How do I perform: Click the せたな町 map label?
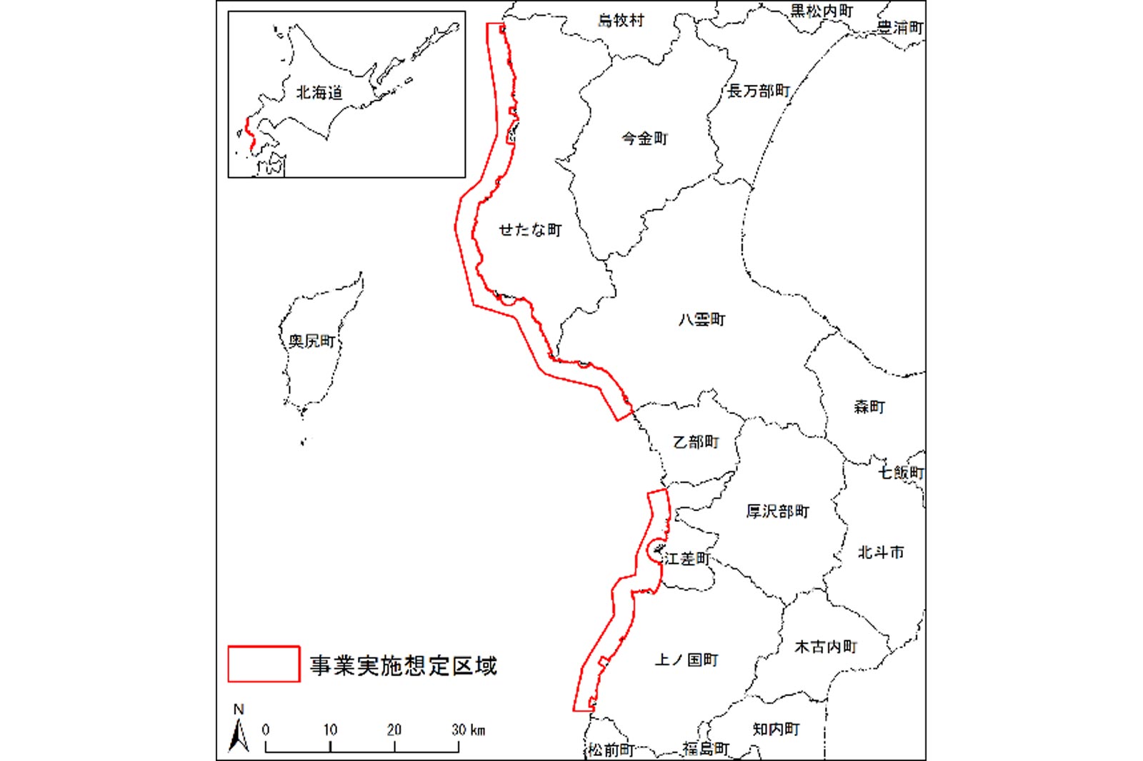click(x=530, y=230)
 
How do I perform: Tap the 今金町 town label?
click(x=644, y=138)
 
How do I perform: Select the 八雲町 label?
click(x=702, y=320)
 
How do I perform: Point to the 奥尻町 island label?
click(x=311, y=341)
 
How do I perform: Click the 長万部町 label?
click(x=759, y=91)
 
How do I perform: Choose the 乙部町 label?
click(x=696, y=443)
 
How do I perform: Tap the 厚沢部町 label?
click(x=778, y=512)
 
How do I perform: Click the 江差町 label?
click(x=687, y=559)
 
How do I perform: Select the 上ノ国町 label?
click(x=687, y=660)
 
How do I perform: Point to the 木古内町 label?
click(x=826, y=647)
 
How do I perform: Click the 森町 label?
click(x=869, y=407)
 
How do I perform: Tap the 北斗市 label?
click(x=881, y=553)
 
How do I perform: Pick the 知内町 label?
click(x=777, y=729)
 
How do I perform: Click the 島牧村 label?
click(x=621, y=21)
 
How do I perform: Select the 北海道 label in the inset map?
click(x=319, y=93)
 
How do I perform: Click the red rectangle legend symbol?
click(x=264, y=664)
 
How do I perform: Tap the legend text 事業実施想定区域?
click(x=404, y=666)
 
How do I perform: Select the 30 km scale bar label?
click(x=468, y=730)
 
